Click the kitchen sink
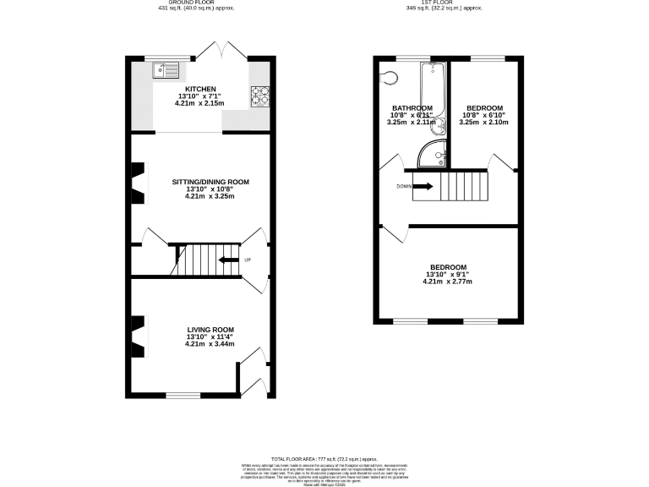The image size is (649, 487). point(166,70)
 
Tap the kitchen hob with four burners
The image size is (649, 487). point(259,97)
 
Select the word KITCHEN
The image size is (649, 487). point(201,89)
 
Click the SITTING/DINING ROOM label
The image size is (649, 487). point(210,182)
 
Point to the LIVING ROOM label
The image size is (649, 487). point(210,330)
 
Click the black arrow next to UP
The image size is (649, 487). point(228,260)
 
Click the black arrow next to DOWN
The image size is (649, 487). point(423,186)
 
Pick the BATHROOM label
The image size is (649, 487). point(412,108)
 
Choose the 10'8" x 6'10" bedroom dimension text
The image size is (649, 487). point(485,115)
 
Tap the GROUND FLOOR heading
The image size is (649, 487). point(196,3)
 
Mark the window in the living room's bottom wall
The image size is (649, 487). point(183,394)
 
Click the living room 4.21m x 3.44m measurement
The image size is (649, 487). point(210,344)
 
